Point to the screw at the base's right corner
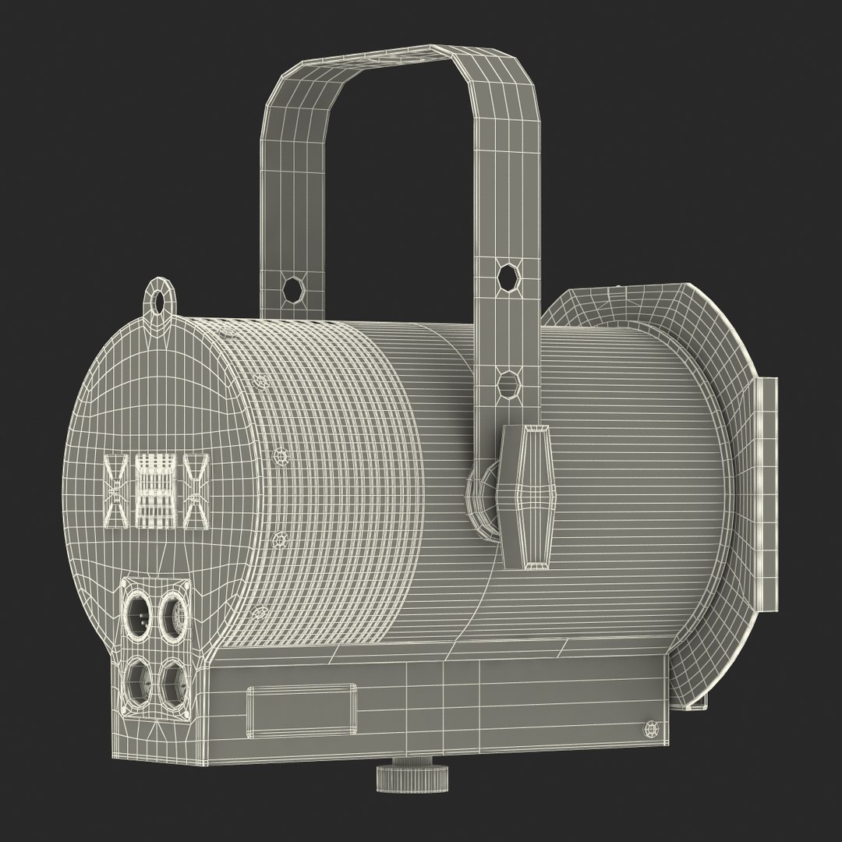coord(650,729)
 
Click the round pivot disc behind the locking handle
coord(483,499)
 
